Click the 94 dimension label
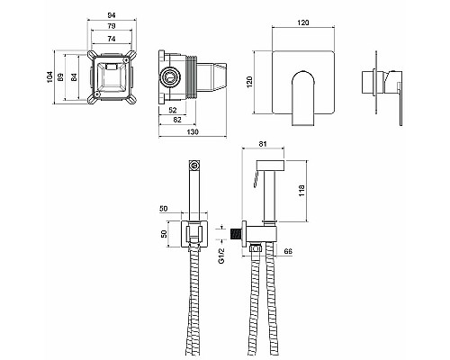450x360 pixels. coord(112,15)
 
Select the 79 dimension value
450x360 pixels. coord(112,26)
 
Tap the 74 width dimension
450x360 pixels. coord(112,39)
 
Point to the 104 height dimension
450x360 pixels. coord(49,77)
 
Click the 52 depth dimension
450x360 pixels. coord(173,110)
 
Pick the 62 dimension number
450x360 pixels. coord(177,120)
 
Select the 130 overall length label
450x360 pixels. coord(193,131)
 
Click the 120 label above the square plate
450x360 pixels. coord(303,22)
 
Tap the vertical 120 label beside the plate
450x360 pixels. coord(249,82)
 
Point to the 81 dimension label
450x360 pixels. coord(263,144)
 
